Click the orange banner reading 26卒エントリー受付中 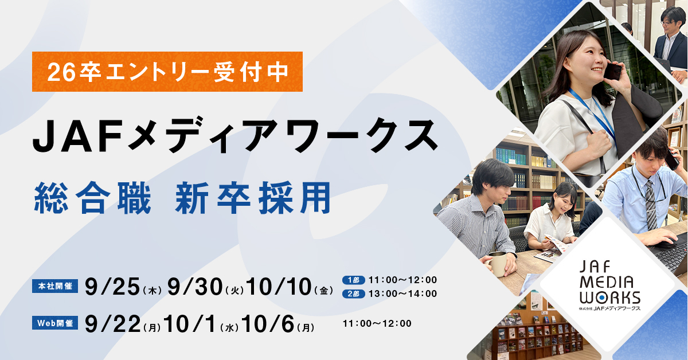tap(167, 72)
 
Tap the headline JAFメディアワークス tap(236, 135)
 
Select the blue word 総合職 tap(92, 198)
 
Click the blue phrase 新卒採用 tap(253, 198)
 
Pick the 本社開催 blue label tap(55, 286)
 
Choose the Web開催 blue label tap(55, 323)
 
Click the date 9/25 tap(112, 287)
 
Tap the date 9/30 tap(195, 287)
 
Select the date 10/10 tap(279, 287)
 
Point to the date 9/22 tap(112, 324)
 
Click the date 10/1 tap(189, 324)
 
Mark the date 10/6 tap(268, 324)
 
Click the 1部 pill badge tap(354, 280)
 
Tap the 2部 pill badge tap(354, 294)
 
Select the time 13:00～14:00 tap(402, 294)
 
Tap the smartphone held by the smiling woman tap(612, 72)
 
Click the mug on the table tap(498, 264)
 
